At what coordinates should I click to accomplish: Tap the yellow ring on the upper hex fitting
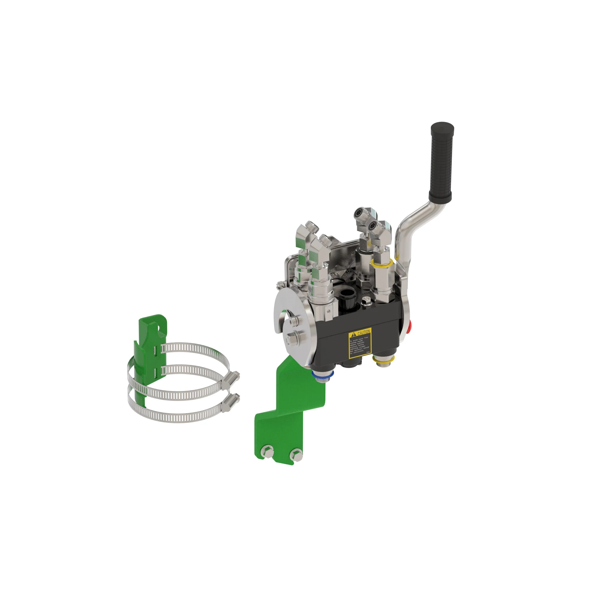pyautogui.click(x=382, y=262)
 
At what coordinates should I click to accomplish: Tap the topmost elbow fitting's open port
pyautogui.click(x=358, y=213)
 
